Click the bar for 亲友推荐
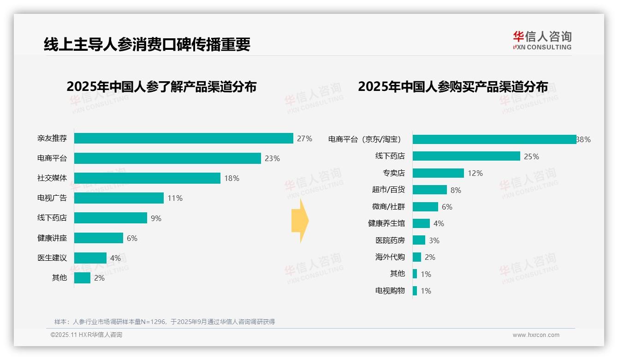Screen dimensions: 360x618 coord(184,138)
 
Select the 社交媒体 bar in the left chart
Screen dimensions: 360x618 coord(147,178)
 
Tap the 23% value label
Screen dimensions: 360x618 coord(272,158)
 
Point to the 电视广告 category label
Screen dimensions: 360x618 coord(52,198)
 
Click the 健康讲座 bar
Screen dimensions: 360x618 coord(99,238)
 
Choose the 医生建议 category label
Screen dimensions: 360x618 coord(52,258)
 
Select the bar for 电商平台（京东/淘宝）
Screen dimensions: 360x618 coord(494,139)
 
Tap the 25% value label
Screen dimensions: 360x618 coord(531,156)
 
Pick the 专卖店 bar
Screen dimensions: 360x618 coord(438,173)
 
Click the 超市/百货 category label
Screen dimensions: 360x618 coord(388,190)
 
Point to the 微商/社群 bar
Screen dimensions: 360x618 coord(425,207)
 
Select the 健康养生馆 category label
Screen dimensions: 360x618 coord(386,223)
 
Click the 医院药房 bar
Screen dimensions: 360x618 coord(419,240)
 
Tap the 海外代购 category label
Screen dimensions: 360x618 coord(390,257)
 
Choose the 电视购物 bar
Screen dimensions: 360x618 coord(415,291)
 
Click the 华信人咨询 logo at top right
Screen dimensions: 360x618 coord(542,41)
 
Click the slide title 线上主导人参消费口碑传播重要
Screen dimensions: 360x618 coord(147,44)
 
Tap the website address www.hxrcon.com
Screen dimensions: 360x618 coord(536,335)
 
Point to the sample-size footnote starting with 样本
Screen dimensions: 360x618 coord(165,322)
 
